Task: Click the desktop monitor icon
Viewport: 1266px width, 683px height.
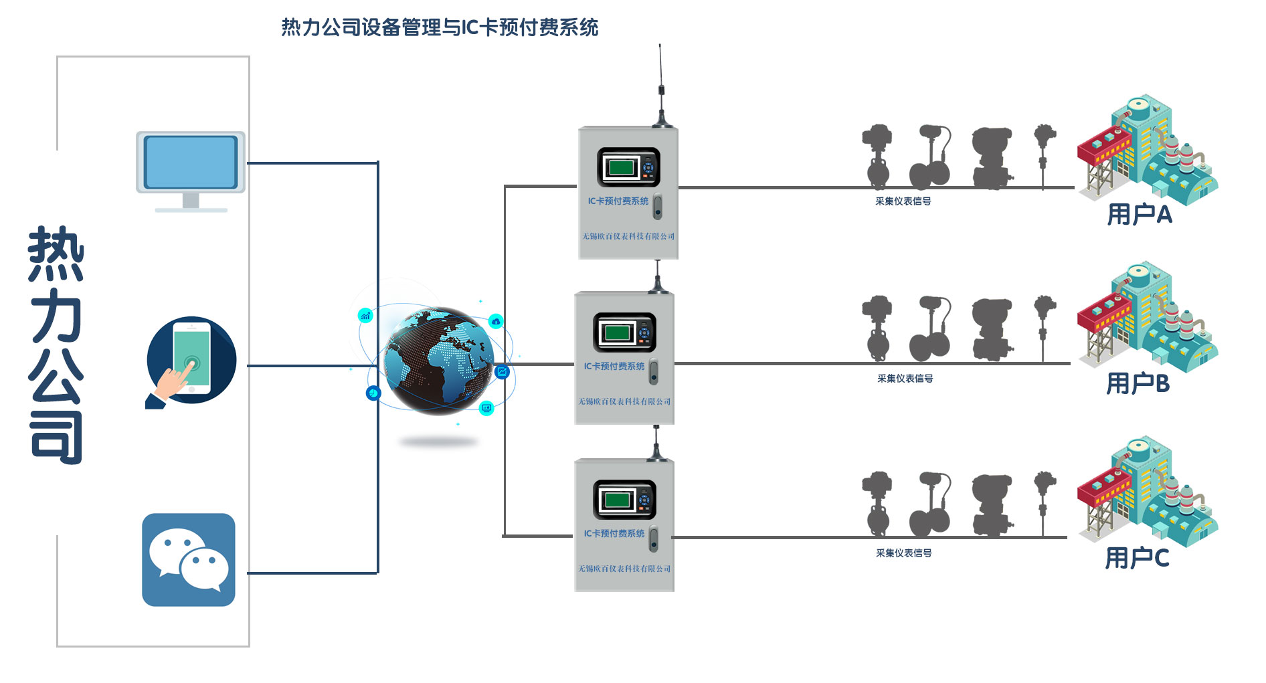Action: pyautogui.click(x=191, y=170)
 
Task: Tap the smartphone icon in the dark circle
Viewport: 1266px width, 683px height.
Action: pyautogui.click(x=191, y=361)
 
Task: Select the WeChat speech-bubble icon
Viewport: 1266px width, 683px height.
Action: pyautogui.click(x=189, y=560)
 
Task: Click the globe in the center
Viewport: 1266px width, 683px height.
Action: pyautogui.click(x=438, y=359)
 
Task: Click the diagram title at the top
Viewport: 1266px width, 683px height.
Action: pyautogui.click(x=439, y=27)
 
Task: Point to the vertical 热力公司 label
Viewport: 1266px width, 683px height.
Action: pyautogui.click(x=56, y=345)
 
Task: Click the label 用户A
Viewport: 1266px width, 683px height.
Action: pyautogui.click(x=1139, y=215)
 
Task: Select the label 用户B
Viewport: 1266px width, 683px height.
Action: pyautogui.click(x=1138, y=383)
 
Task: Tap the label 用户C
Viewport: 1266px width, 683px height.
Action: pyautogui.click(x=1136, y=557)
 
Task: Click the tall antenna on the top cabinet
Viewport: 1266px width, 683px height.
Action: pyautogui.click(x=661, y=87)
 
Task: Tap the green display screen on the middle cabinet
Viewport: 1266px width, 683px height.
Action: pyautogui.click(x=617, y=332)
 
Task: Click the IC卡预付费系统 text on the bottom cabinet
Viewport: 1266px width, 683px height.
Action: pyautogui.click(x=614, y=533)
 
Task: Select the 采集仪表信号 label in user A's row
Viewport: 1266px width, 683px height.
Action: pyautogui.click(x=903, y=201)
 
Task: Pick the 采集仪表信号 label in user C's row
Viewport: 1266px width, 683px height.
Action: pyautogui.click(x=903, y=553)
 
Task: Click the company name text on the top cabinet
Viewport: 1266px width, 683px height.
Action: pyautogui.click(x=628, y=236)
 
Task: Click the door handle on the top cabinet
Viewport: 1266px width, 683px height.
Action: pyautogui.click(x=658, y=207)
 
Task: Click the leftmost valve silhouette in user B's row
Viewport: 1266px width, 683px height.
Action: pyautogui.click(x=877, y=328)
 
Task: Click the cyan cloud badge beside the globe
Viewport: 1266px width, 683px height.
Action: pyautogui.click(x=496, y=322)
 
